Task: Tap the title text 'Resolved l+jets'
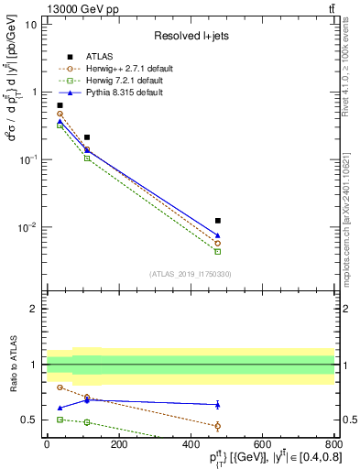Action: (x=190, y=35)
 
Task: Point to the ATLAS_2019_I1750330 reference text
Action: (x=190, y=274)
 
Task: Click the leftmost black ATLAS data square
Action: (x=60, y=105)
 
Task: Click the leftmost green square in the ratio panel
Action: (x=60, y=419)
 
